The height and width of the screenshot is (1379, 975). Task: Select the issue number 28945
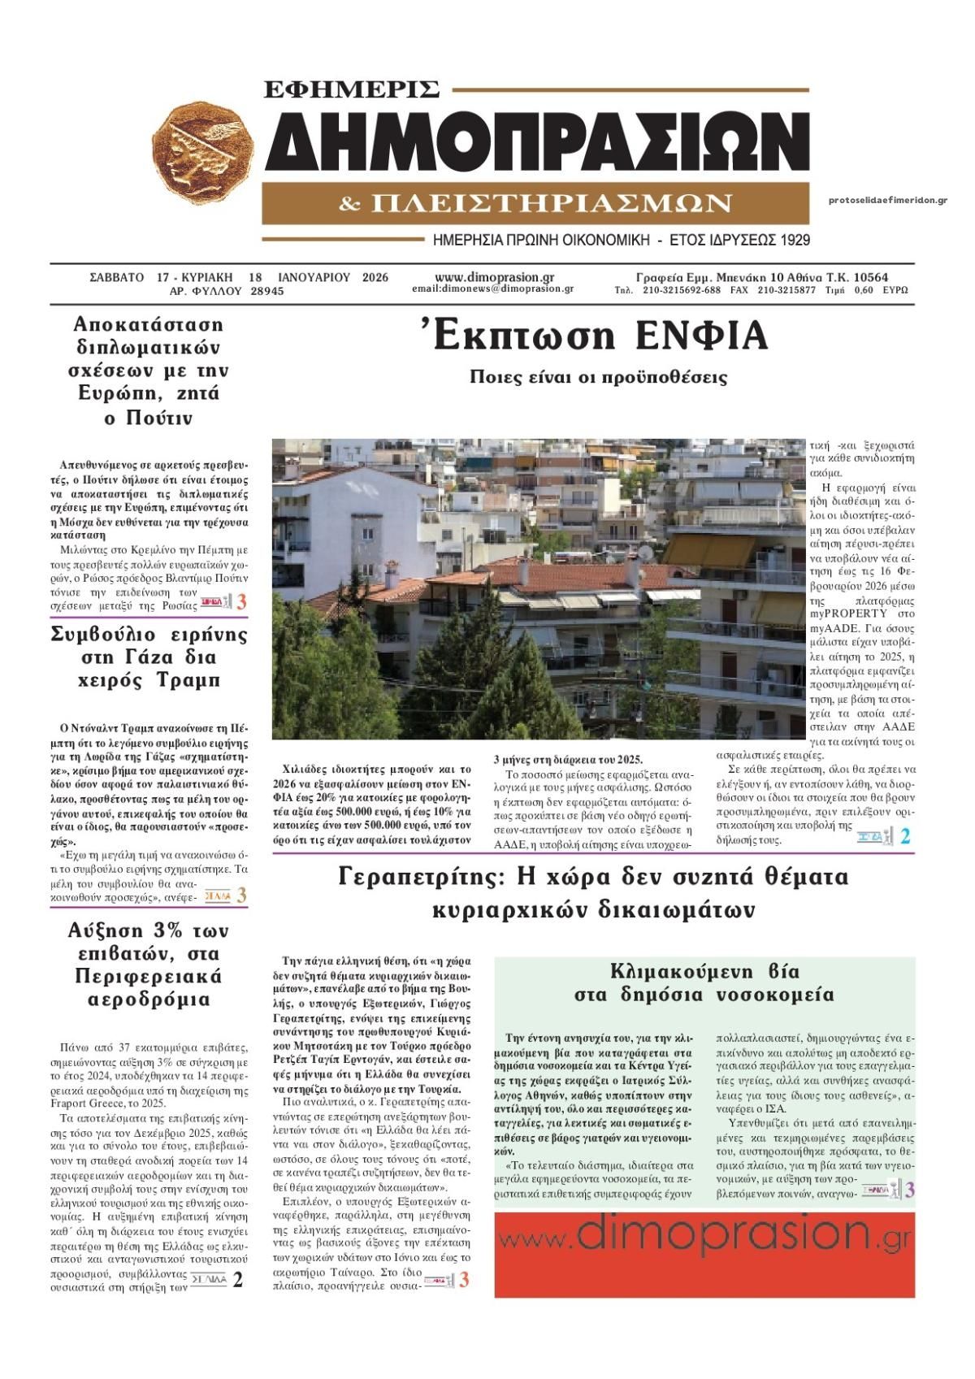click(267, 291)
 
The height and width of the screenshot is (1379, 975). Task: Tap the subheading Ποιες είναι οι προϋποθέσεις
click(598, 378)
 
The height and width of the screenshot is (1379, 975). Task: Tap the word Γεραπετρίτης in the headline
click(422, 878)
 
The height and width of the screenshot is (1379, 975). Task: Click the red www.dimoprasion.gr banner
click(704, 1254)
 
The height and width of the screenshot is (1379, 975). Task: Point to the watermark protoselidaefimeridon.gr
click(888, 200)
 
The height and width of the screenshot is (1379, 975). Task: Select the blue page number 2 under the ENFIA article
click(905, 836)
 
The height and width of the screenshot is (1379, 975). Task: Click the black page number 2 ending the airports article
click(237, 1280)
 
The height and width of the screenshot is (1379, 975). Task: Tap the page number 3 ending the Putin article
click(241, 603)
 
